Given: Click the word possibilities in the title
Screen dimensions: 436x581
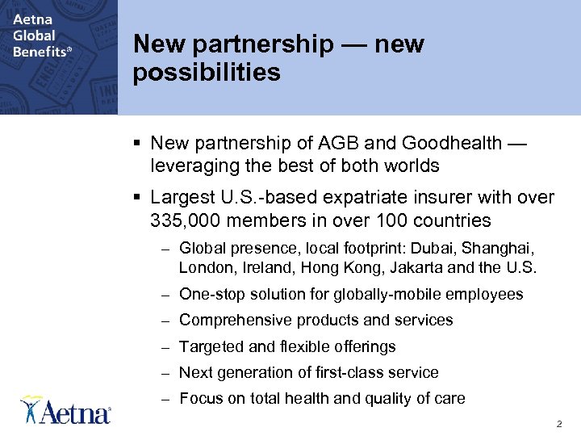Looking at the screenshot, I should coord(207,73).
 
